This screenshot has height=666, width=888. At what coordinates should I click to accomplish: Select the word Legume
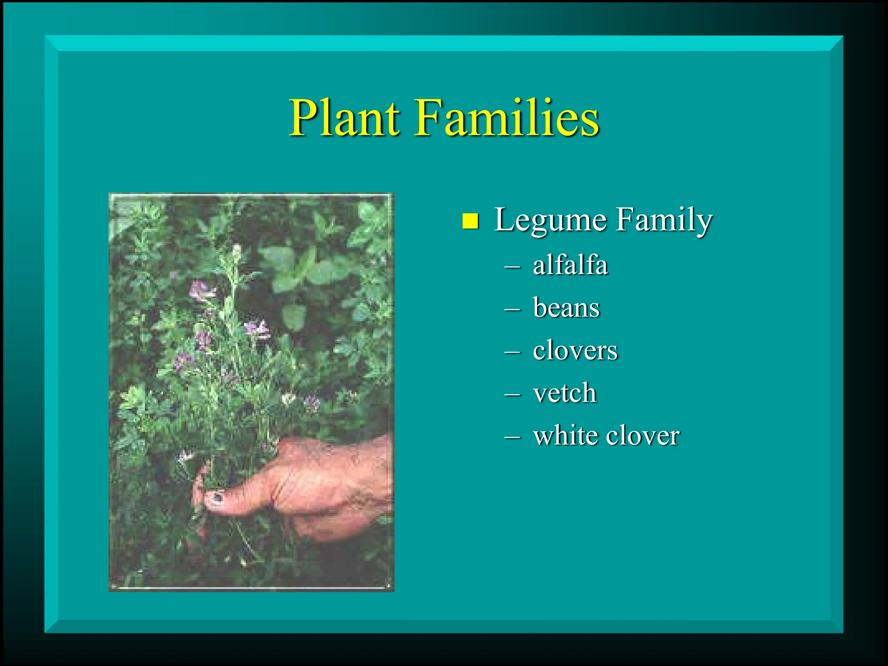(x=550, y=220)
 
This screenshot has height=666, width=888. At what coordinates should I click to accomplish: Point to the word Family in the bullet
(x=664, y=220)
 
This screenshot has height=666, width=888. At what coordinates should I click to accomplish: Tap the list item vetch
(x=565, y=393)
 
